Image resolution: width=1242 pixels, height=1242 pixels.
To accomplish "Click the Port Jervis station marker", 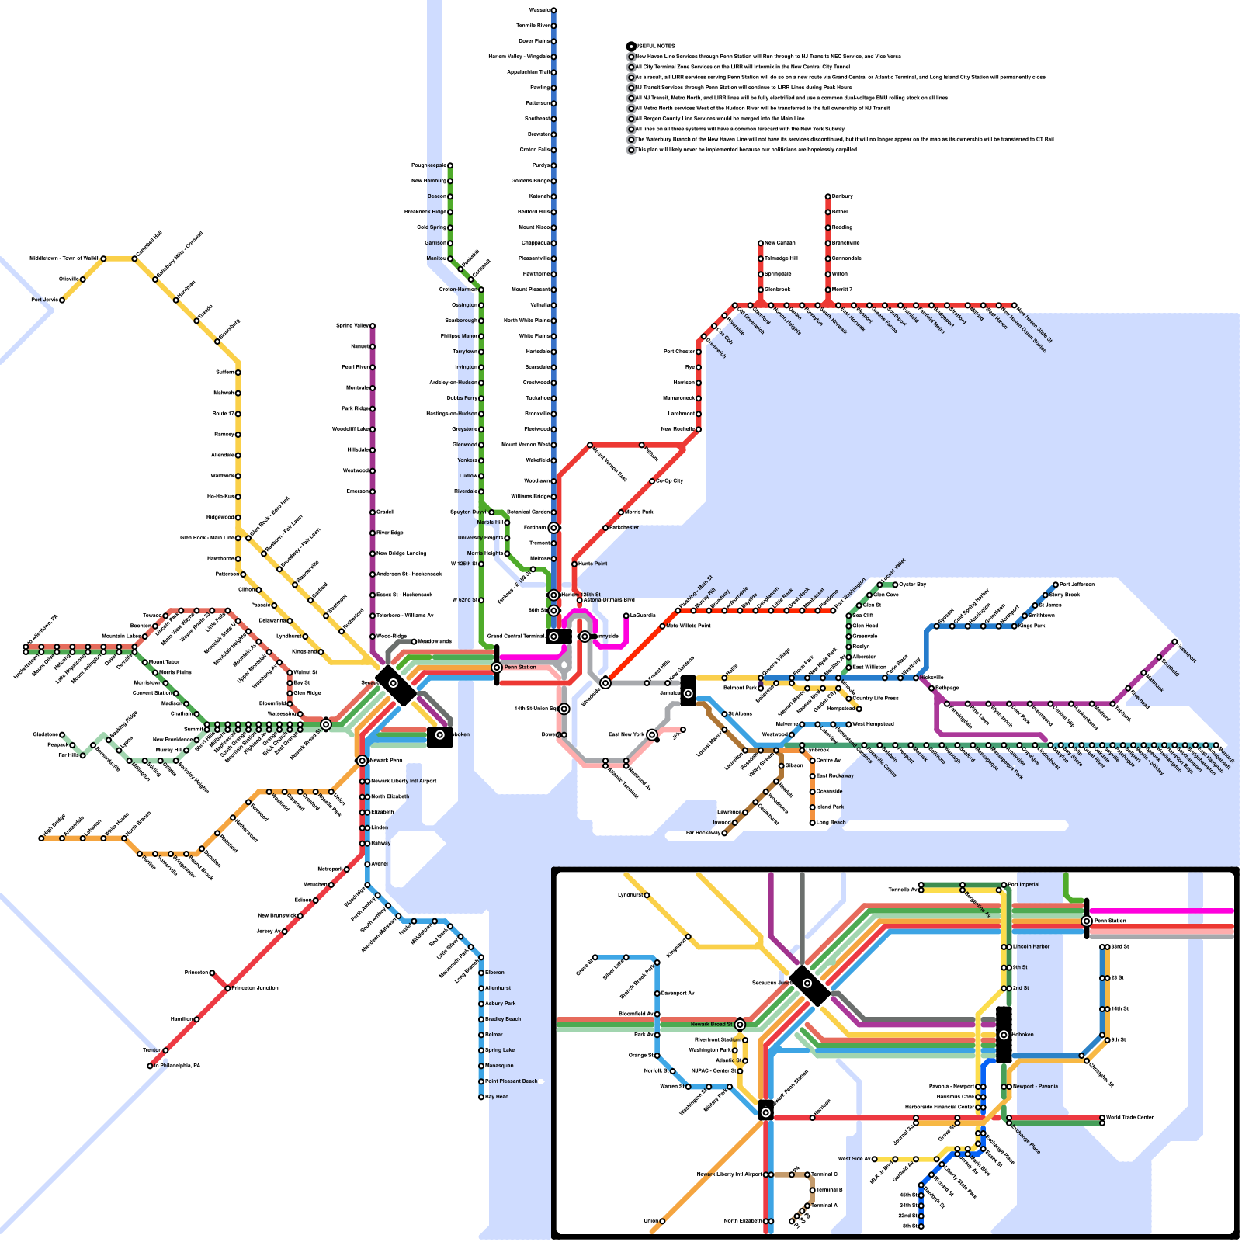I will tap(62, 300).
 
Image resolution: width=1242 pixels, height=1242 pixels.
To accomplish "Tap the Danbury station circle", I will tap(827, 196).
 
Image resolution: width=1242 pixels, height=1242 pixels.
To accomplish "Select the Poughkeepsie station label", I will tap(428, 165).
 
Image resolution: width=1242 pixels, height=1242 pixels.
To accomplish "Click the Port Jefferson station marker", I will tap(1056, 585).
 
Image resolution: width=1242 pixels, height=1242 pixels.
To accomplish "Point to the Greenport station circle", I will tap(1174, 642).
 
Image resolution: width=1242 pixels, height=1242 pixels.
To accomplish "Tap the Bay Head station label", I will tap(497, 1097).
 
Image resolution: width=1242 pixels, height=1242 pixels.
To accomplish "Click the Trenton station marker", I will tap(165, 1050).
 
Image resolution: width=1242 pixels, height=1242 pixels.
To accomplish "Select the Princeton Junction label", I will tap(255, 988).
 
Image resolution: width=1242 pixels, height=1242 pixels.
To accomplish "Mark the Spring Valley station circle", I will tap(373, 326).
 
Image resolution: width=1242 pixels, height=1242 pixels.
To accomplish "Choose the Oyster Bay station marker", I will tap(895, 585).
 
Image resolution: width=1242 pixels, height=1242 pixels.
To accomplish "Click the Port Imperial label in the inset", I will tap(1024, 885).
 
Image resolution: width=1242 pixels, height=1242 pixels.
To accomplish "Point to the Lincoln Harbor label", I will tap(1032, 947).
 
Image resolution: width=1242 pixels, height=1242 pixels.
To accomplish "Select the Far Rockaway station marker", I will tap(724, 833).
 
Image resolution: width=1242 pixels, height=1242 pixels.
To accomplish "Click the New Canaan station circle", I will tap(761, 243).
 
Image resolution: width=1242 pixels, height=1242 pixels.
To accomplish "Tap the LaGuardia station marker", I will tap(626, 616).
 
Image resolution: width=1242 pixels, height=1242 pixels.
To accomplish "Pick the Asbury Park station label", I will tap(500, 1004).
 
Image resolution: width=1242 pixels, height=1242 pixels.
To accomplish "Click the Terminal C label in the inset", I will tap(824, 1174).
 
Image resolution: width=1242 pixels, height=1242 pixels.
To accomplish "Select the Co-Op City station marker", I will tap(652, 481).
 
